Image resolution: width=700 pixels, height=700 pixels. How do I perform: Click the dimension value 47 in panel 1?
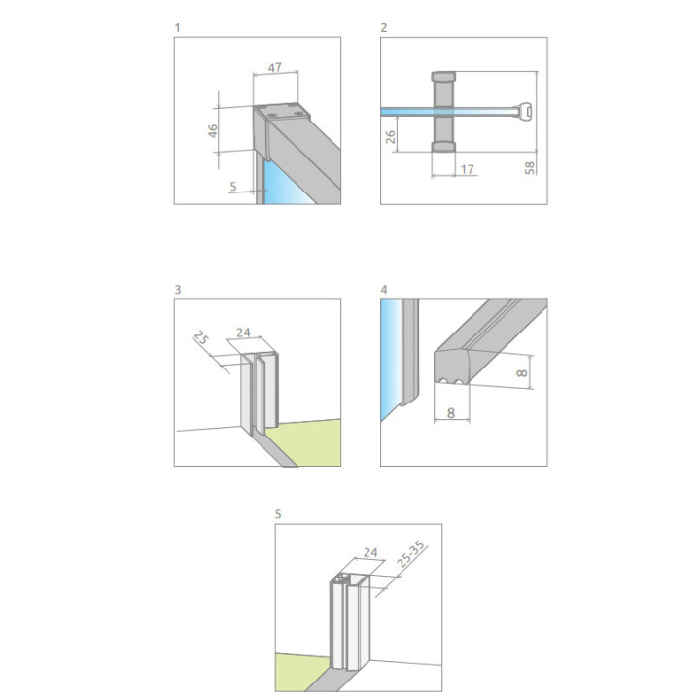[274, 67]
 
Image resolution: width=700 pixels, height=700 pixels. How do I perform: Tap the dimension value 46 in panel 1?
[213, 131]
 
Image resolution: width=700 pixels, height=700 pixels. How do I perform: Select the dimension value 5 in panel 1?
[233, 186]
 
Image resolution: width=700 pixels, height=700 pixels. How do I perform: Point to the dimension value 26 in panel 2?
[390, 137]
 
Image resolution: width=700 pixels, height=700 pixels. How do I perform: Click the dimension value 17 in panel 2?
[467, 169]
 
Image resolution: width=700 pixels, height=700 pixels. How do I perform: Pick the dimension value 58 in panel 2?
[530, 168]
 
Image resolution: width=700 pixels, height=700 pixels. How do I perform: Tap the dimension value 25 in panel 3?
[202, 338]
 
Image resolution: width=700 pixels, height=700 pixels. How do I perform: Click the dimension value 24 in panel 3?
[243, 332]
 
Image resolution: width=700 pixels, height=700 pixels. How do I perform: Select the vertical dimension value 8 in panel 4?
[522, 372]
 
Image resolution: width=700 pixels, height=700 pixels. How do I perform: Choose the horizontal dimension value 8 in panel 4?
[451, 413]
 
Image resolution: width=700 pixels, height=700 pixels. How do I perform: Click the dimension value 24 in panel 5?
[370, 552]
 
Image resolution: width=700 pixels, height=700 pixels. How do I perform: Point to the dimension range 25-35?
[410, 554]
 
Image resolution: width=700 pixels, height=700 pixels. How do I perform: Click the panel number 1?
[177, 28]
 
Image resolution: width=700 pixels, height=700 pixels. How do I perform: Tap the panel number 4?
[384, 290]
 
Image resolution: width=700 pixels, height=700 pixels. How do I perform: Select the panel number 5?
[278, 514]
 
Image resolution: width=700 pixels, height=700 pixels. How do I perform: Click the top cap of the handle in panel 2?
[443, 76]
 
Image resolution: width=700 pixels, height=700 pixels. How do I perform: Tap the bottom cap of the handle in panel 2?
[443, 147]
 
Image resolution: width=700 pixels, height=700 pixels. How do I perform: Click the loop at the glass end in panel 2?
[526, 110]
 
